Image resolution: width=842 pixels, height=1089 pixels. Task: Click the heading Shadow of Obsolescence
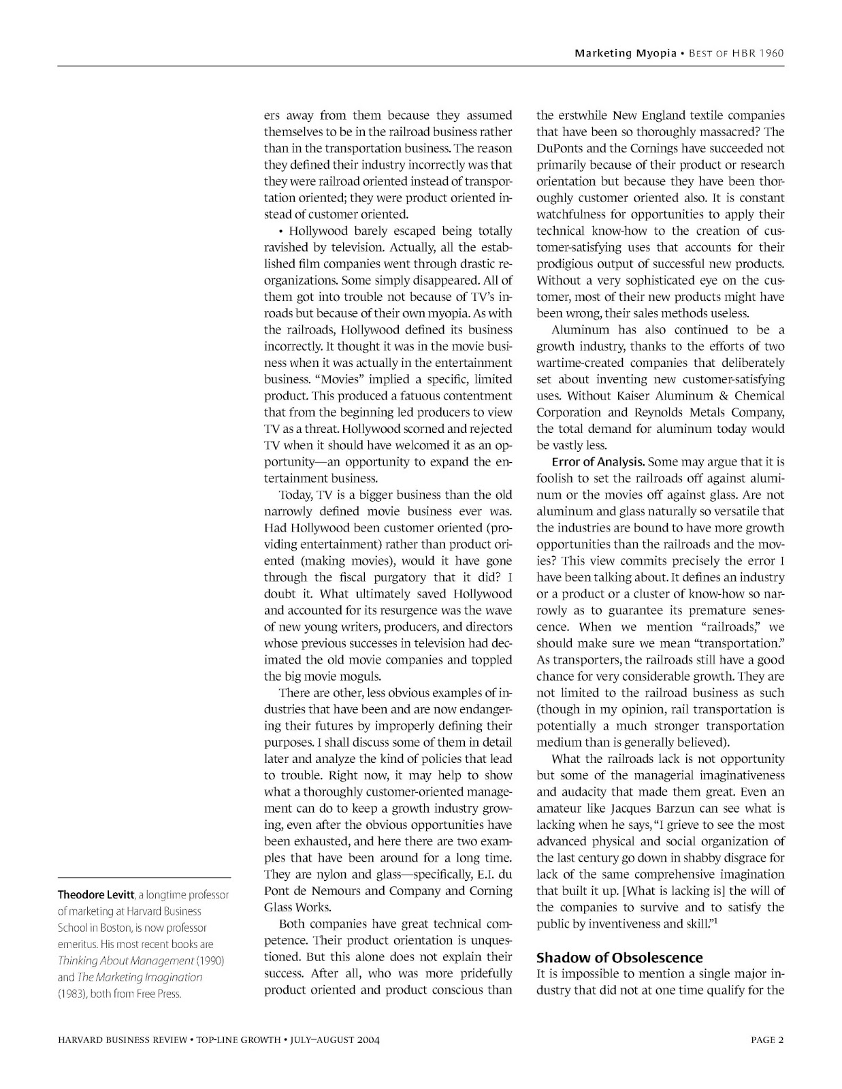coord(619,958)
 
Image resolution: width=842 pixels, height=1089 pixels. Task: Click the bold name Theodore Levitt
coord(95,894)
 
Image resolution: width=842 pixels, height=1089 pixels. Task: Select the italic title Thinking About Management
coord(126,960)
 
